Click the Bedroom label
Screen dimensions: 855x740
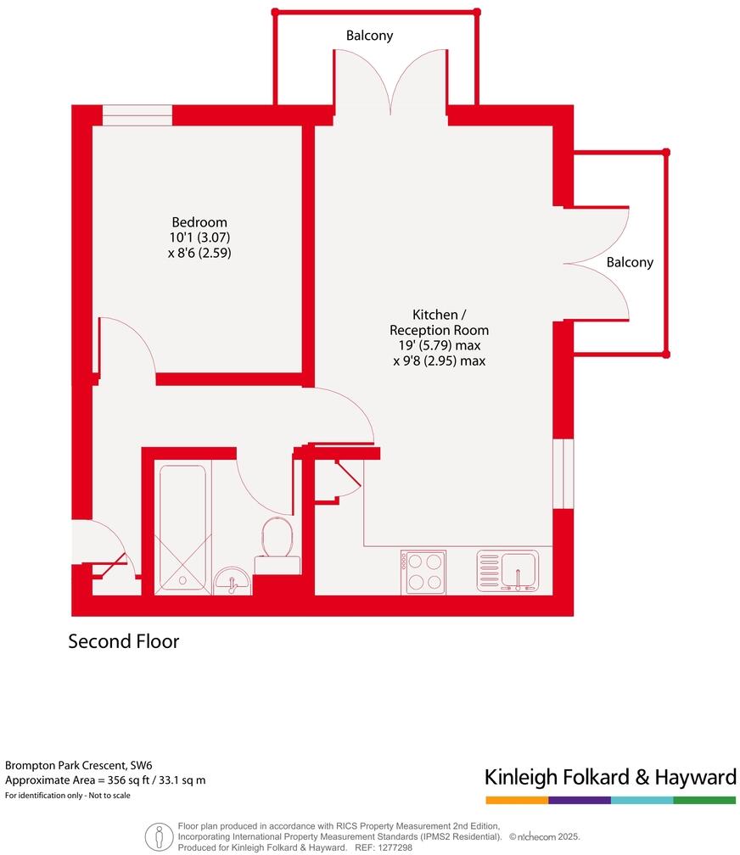click(x=199, y=222)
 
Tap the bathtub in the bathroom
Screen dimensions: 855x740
click(x=182, y=527)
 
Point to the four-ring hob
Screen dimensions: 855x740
click(x=423, y=571)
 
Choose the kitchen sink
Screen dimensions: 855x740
click(x=507, y=570)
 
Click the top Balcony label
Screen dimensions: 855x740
click(x=369, y=36)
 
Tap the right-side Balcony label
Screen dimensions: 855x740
click(x=630, y=262)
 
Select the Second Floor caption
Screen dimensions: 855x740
click(x=124, y=641)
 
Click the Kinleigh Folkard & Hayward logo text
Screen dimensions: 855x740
click(x=609, y=776)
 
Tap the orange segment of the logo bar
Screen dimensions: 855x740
click(x=517, y=800)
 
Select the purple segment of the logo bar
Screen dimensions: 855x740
click(x=580, y=800)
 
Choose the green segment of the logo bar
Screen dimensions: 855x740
click(x=705, y=800)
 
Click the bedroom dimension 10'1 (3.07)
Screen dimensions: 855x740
click(x=199, y=237)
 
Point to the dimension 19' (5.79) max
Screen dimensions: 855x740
click(x=439, y=345)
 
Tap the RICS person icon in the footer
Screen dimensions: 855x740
click(x=159, y=836)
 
